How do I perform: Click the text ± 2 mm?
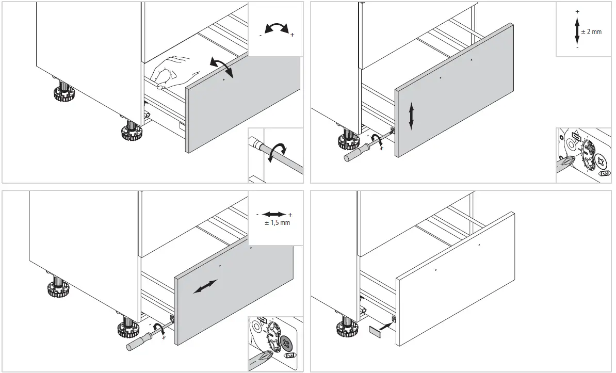click(x=591, y=32)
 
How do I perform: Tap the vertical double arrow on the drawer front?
click(x=411, y=116)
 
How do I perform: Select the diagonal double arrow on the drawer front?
click(x=205, y=287)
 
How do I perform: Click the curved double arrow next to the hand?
click(x=222, y=68)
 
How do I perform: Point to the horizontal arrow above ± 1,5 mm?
click(x=274, y=214)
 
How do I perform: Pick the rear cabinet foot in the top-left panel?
click(x=63, y=93)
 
